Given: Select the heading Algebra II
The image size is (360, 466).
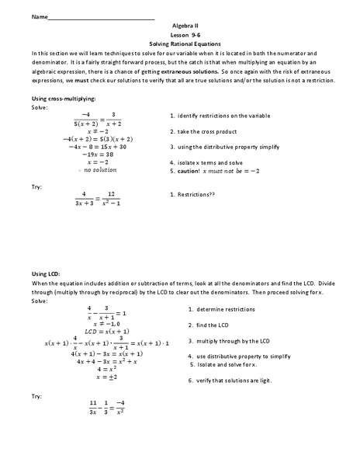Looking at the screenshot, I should pos(179,26).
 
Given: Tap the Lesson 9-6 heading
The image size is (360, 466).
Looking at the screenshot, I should pos(179,36).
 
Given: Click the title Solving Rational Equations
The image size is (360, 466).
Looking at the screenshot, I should pos(179,45).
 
